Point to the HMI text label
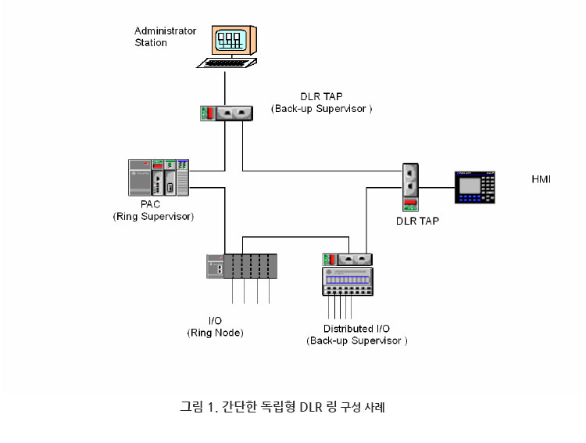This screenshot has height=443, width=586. (x=541, y=179)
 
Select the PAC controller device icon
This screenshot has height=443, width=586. (x=159, y=178)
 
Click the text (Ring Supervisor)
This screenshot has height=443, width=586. (x=153, y=216)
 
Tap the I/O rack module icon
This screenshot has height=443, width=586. (x=242, y=266)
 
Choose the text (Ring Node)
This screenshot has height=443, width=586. (x=215, y=333)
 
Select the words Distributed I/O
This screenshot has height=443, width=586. (x=357, y=329)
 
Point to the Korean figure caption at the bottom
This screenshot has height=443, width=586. (x=282, y=406)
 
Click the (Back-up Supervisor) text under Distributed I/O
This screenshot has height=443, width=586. (x=357, y=341)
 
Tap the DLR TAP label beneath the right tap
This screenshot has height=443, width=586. (x=417, y=221)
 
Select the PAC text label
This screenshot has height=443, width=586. (x=151, y=204)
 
